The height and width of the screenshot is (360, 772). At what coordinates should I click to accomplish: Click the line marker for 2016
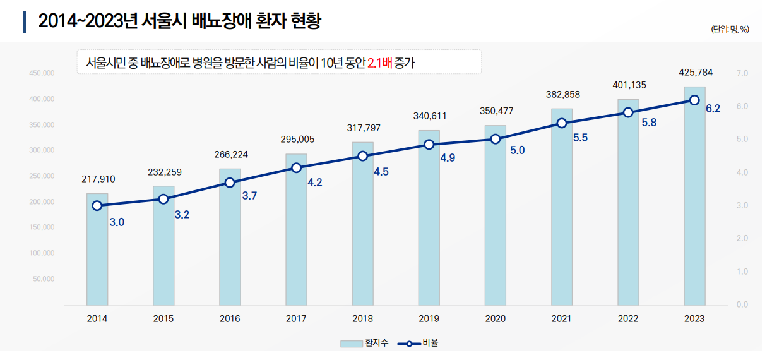pyautogui.click(x=230, y=183)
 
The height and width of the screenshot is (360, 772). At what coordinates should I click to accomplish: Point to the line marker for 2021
pyautogui.click(x=562, y=123)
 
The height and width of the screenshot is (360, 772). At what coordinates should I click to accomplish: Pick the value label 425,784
pyautogui.click(x=694, y=73)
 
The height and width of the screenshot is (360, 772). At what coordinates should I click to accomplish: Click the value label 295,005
pyautogui.click(x=297, y=139)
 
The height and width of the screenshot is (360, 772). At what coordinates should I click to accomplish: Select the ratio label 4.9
pyautogui.click(x=448, y=158)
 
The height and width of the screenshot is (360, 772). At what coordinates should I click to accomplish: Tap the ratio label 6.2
pyautogui.click(x=713, y=109)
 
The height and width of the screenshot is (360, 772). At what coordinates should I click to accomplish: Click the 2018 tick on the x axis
pyautogui.click(x=362, y=319)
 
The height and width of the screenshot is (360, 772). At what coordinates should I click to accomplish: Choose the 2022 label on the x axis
pyautogui.click(x=628, y=319)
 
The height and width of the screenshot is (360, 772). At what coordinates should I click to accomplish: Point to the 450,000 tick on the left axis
pyautogui.click(x=42, y=74)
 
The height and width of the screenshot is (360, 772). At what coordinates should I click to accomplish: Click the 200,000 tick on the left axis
pyautogui.click(x=42, y=202)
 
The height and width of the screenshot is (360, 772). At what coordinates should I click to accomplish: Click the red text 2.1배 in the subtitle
pyautogui.click(x=379, y=63)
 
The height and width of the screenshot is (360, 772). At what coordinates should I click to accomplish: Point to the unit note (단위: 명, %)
pyautogui.click(x=730, y=30)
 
